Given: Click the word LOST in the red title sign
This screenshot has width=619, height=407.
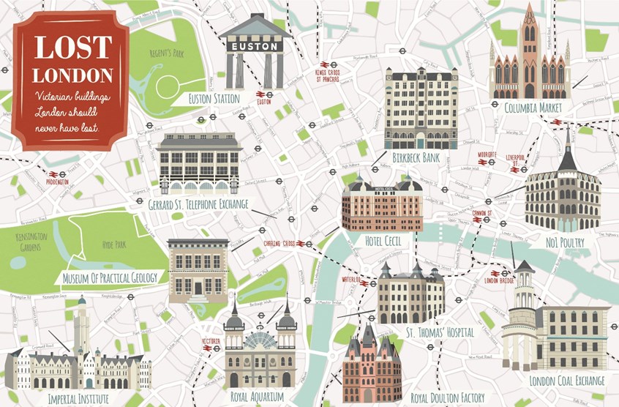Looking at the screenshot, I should [x=72, y=48].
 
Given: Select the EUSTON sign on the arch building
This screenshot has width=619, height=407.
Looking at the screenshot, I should [x=255, y=46].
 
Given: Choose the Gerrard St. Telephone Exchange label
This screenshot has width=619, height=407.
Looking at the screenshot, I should [x=198, y=203].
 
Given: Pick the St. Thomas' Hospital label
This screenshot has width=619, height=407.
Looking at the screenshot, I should [x=439, y=332].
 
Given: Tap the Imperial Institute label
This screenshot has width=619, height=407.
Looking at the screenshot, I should [x=78, y=398].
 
